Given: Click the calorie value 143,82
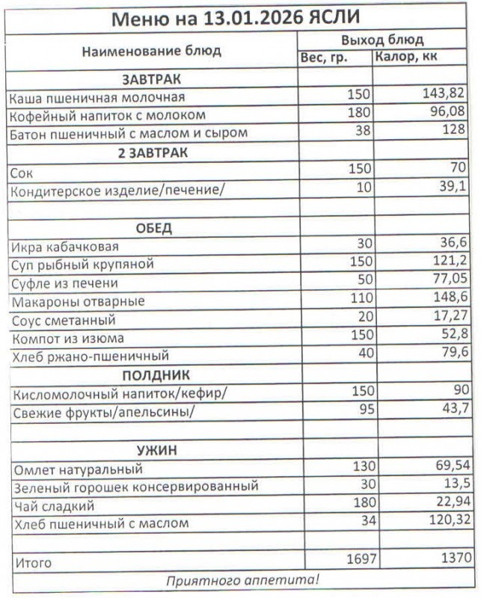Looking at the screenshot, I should [444, 94].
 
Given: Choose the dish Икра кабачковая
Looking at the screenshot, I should [64, 247].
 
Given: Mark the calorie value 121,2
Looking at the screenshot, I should [450, 263].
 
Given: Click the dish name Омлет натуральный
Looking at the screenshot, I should [78, 469].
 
